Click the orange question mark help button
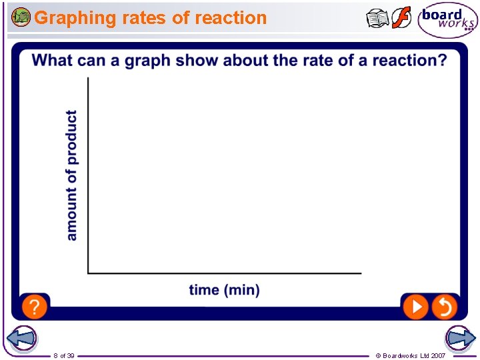tap(35, 307)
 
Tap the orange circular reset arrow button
tap(444, 307)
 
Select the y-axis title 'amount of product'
tap(71, 175)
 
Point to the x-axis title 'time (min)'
tap(224, 290)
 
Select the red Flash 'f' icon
tap(401, 18)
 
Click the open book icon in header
tap(377, 19)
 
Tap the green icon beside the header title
tap(21, 17)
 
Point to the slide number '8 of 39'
tap(64, 355)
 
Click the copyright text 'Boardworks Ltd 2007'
tap(414, 355)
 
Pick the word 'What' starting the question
tap(53, 61)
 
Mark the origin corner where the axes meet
tap(88, 273)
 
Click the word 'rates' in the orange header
tap(145, 18)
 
